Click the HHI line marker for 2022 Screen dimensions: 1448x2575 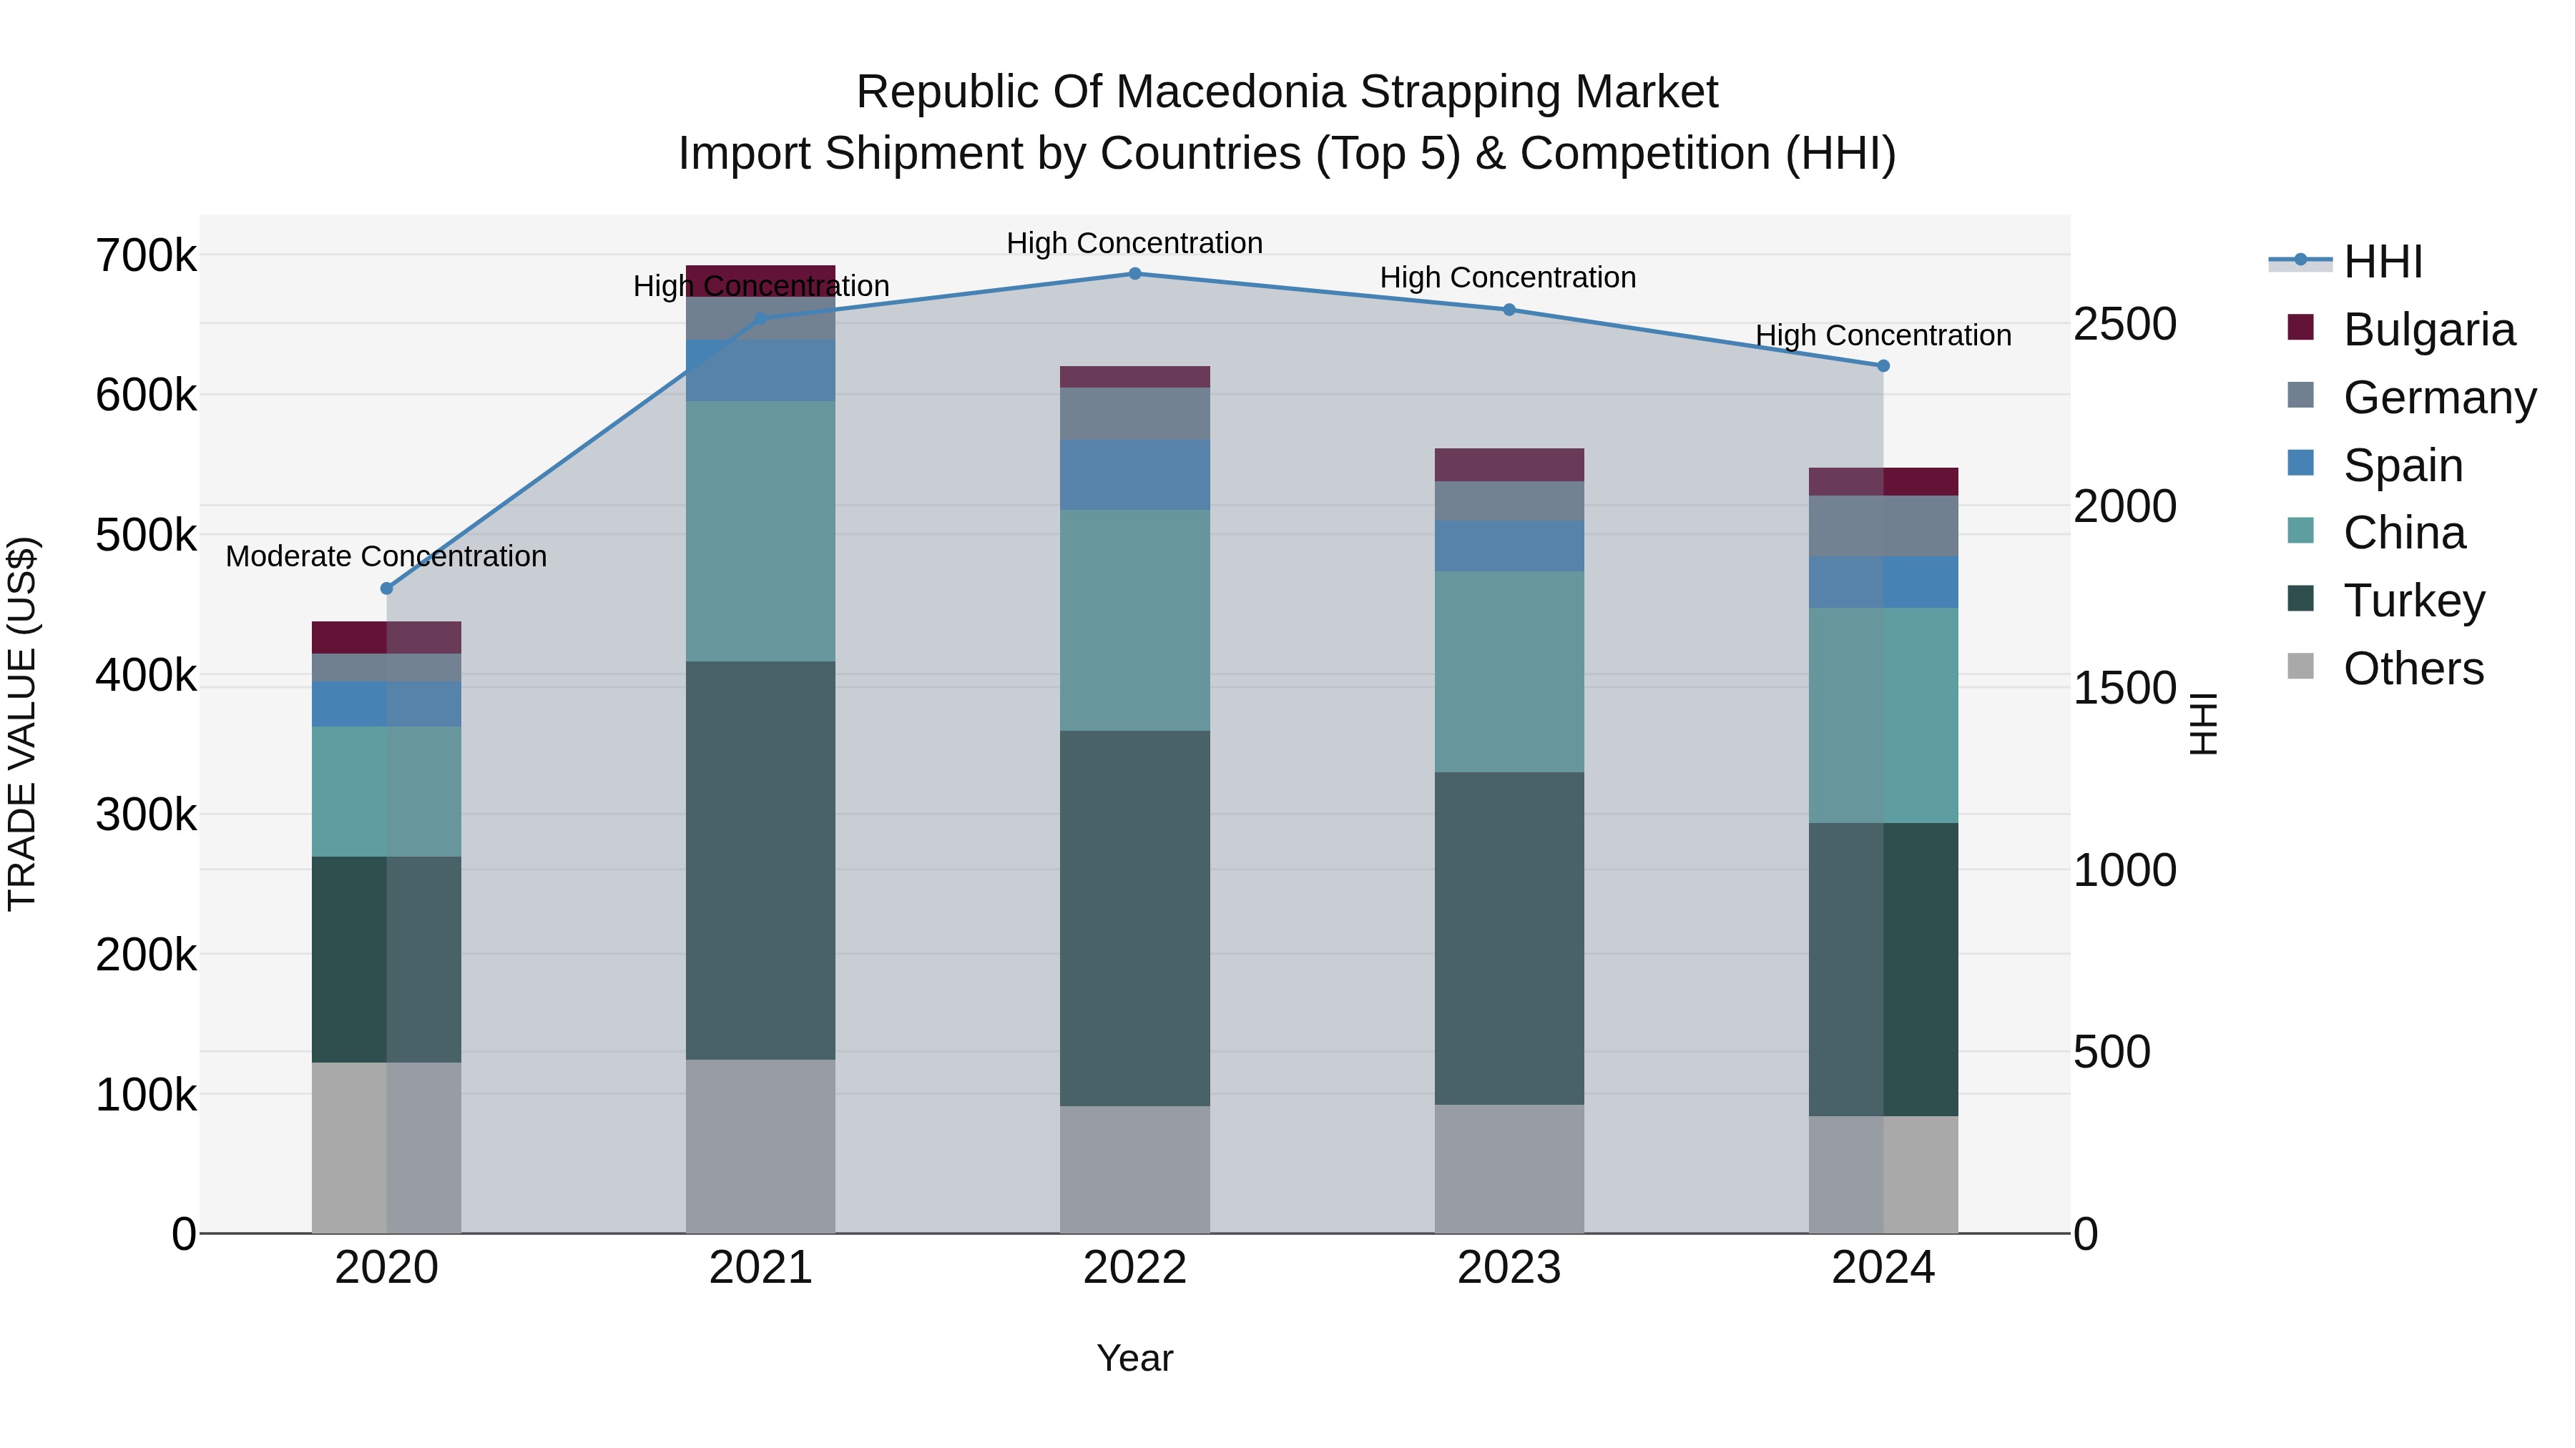pos(1134,274)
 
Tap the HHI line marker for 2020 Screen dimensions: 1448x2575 pos(387,588)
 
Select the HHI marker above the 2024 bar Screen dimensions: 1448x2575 pos(1883,365)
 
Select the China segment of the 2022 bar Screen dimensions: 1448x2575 pos(1134,619)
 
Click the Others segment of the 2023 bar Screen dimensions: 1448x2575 pos(1509,1168)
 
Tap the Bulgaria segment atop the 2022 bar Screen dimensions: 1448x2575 pos(1134,377)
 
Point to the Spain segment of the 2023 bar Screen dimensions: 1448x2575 pos(1509,546)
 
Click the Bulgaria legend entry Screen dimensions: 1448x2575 pos(2428,330)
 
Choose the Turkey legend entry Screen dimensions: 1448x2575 pos(2413,601)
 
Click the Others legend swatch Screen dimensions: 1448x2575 pos(2300,666)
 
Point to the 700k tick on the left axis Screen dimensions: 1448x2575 pos(146,256)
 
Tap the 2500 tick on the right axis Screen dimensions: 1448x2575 pos(2124,324)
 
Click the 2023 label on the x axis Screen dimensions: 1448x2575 pos(1509,1267)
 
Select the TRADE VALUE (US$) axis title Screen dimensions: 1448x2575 pos(22,724)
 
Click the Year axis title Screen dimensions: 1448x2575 pos(1134,1358)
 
